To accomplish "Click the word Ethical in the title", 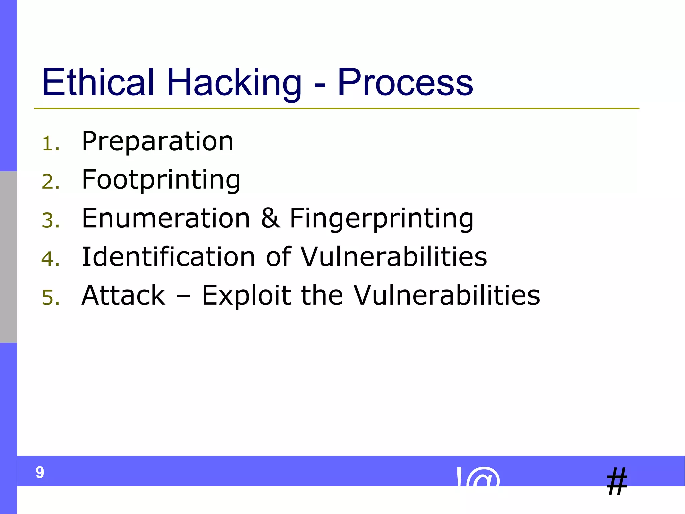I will click(x=98, y=82).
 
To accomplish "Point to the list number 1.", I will click(x=50, y=144).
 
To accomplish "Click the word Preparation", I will click(x=157, y=141).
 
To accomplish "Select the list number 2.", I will click(x=51, y=182).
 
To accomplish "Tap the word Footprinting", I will click(x=161, y=180).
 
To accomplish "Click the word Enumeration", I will click(x=166, y=218).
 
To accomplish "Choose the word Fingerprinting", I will click(x=381, y=219).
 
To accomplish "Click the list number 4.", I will click(x=51, y=259).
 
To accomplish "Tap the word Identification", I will click(x=168, y=257).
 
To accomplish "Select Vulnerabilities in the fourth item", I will click(x=394, y=257).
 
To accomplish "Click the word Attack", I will click(x=123, y=295).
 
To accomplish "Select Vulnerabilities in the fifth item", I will click(x=447, y=295).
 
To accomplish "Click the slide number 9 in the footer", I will click(x=40, y=473).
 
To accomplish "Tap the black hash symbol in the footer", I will click(x=617, y=482).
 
